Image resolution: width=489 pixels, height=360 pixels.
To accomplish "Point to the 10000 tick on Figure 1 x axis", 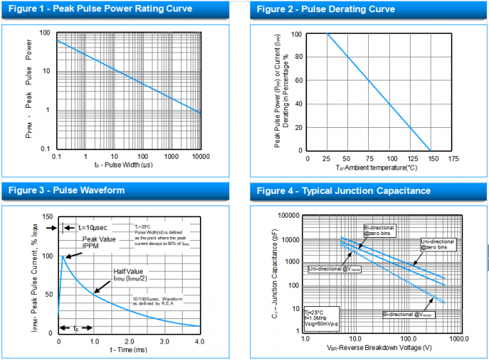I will pos(199,156).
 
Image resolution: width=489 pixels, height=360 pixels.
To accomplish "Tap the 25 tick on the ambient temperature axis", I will pos(327,157).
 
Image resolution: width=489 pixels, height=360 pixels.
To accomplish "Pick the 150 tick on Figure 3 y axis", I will pos(48,216).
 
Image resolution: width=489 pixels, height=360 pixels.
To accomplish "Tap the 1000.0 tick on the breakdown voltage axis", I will pos(458,338).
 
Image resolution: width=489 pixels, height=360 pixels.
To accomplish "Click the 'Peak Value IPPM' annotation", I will pos(99,243).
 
